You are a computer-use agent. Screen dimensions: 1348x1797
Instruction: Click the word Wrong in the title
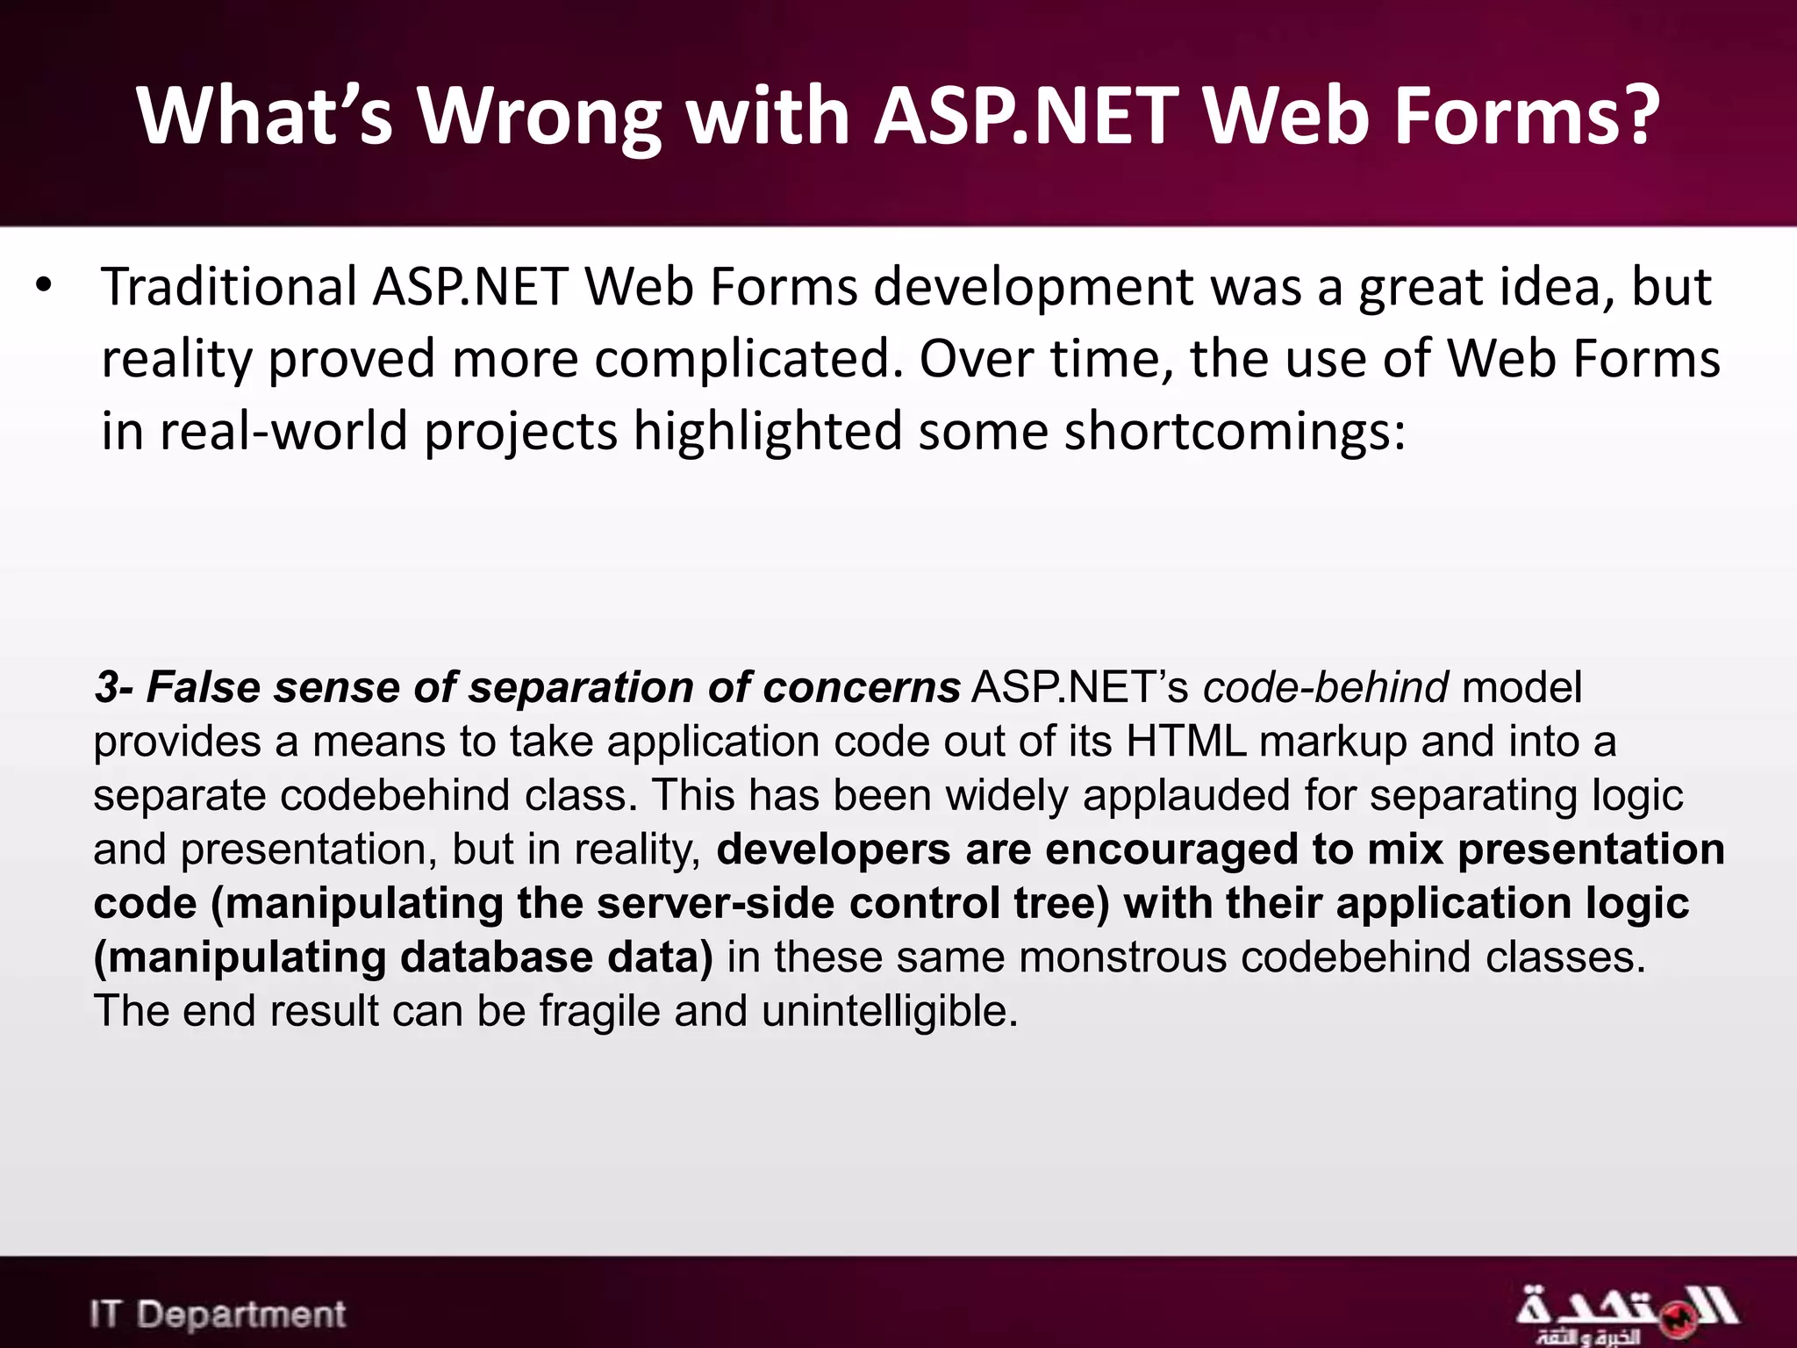pyautogui.click(x=539, y=117)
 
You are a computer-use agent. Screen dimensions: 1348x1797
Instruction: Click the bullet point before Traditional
pyautogui.click(x=44, y=286)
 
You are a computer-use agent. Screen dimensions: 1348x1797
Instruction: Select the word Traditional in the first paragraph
pyautogui.click(x=229, y=287)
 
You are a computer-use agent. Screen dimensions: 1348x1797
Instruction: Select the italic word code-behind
pyautogui.click(x=1325, y=687)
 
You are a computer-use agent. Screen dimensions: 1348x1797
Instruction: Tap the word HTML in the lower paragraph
pyautogui.click(x=1186, y=742)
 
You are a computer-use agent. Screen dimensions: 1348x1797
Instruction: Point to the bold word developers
pyautogui.click(x=834, y=850)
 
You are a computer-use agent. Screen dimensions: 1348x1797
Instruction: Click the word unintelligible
pyautogui.click(x=889, y=1011)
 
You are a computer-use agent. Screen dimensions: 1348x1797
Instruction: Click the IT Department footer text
pyautogui.click(x=218, y=1315)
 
